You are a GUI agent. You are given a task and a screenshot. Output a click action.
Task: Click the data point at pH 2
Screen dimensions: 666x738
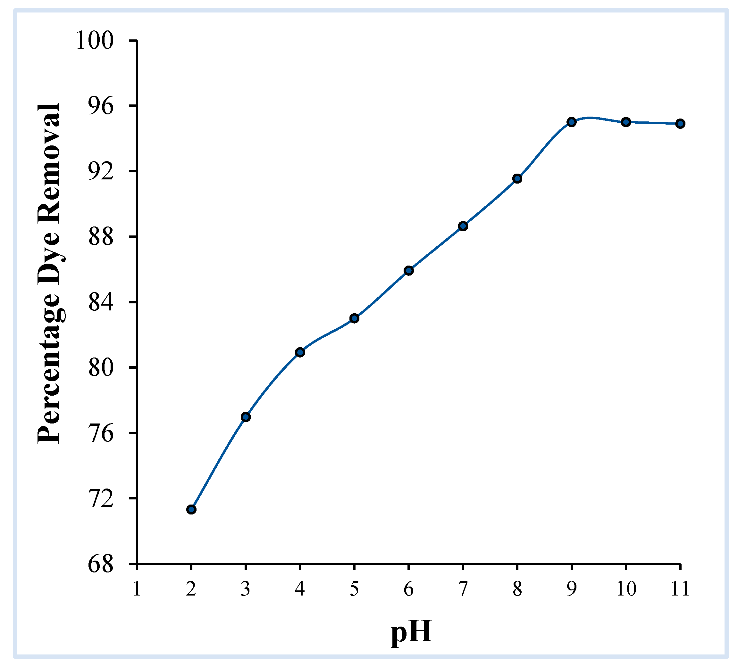coord(191,509)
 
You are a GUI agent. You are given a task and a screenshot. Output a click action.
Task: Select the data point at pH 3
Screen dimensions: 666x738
coord(246,417)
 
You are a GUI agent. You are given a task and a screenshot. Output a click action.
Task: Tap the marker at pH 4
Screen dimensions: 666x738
coord(300,352)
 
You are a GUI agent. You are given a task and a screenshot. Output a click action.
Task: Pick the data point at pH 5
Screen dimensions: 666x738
coord(354,318)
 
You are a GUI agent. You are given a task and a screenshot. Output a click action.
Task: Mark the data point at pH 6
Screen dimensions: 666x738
coord(408,271)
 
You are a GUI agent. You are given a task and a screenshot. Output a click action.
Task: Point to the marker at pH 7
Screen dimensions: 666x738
coord(463,226)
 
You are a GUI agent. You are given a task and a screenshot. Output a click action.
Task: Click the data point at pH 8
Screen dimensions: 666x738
coord(517,178)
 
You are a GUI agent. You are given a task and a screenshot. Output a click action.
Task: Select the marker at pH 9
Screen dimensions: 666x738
coord(571,122)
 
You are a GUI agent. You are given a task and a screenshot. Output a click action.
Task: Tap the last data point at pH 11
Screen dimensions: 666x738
coord(680,123)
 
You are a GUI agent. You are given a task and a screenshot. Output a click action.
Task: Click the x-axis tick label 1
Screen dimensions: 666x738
coord(137,589)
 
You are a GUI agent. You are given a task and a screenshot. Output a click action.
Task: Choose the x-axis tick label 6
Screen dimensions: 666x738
coord(408,589)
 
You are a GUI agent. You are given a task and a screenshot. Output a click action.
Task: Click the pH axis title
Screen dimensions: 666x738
coord(411,632)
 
